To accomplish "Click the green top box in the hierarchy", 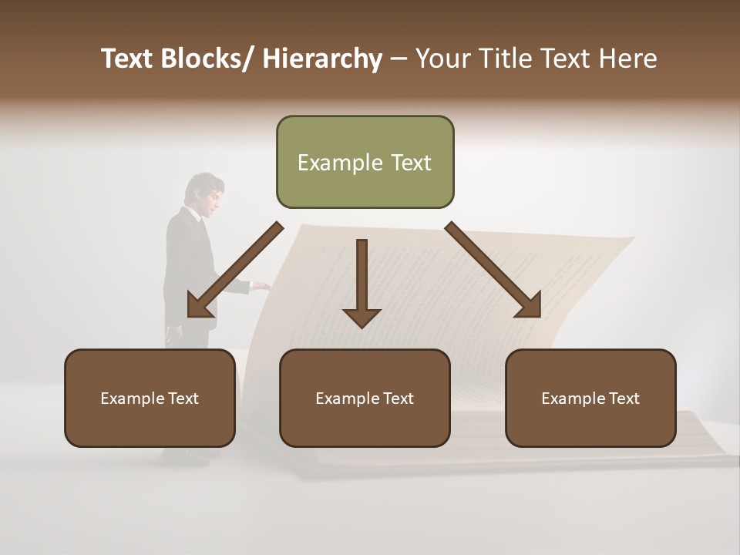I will (x=365, y=162).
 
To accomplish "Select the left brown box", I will (x=150, y=398).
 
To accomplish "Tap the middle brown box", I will (x=365, y=398).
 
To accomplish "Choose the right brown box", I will (x=590, y=398).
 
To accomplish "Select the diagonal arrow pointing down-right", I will (x=493, y=270).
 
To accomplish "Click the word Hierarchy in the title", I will (x=322, y=59).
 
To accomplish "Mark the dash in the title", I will (x=399, y=59).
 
